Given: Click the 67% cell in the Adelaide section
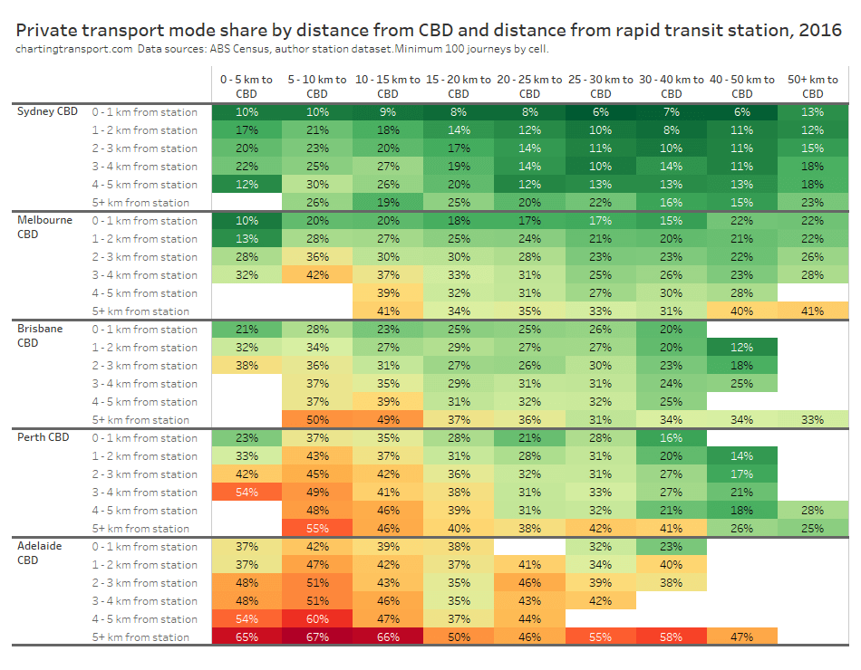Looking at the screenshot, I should [317, 637].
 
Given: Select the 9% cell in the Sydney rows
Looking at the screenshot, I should [388, 112].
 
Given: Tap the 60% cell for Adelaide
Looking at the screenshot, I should [317, 619].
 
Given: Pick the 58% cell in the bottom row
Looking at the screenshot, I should [671, 637].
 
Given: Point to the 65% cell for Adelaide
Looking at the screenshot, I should [247, 637].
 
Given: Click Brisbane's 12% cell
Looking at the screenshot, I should [741, 348].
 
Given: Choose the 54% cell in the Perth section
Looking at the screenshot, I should [247, 493].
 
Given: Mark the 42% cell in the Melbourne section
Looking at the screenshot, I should [317, 275].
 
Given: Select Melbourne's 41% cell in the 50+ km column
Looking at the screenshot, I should [813, 311].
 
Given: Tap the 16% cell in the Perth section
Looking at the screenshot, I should [671, 438].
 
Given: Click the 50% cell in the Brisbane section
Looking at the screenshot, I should [317, 420].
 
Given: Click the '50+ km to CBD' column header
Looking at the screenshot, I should [813, 86].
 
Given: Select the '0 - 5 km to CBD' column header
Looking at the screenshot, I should [247, 86].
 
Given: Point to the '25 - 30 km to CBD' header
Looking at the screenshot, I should [600, 86].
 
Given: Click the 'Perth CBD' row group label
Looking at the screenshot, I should [44, 437].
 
